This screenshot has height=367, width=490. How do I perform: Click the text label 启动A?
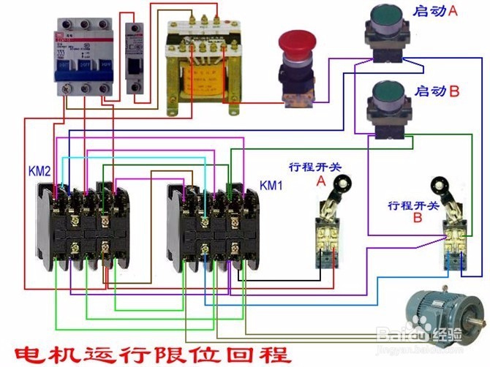(436, 12)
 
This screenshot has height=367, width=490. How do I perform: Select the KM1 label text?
(271, 185)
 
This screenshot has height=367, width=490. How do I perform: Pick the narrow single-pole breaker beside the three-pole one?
(134, 58)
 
